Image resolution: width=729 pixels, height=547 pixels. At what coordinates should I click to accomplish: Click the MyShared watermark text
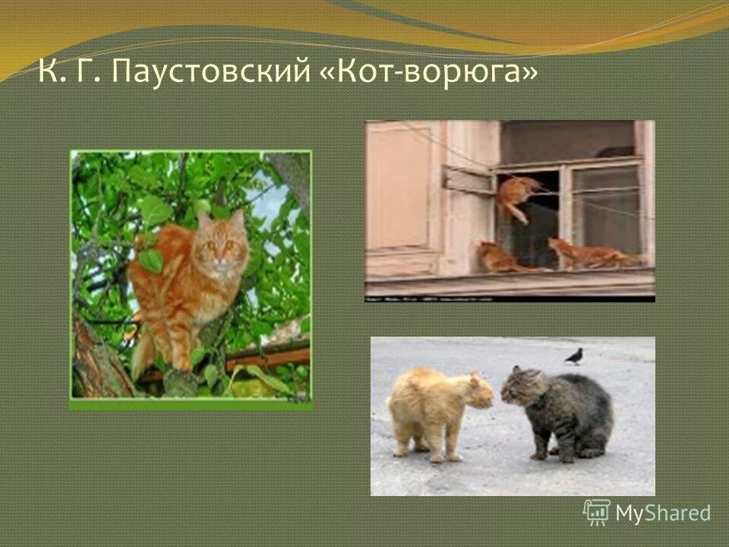click(x=663, y=514)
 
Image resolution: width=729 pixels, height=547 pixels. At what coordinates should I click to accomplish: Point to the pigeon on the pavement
click(x=575, y=356)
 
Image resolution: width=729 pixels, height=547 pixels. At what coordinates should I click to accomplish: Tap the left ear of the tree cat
click(x=204, y=220)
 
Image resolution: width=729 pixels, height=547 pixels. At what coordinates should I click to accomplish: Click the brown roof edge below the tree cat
click(x=266, y=357)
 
